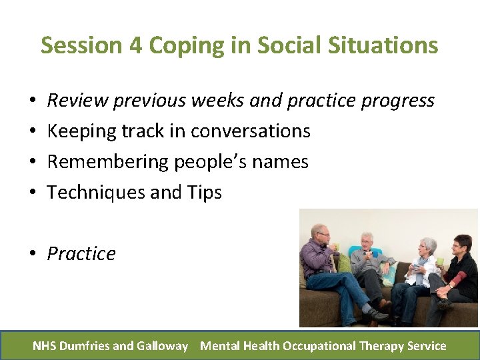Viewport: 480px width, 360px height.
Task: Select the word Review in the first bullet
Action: point(77,101)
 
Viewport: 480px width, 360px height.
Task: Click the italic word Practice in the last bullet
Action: point(81,254)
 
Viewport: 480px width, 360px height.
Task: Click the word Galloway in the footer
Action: point(163,345)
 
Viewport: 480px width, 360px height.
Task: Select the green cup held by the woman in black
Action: point(440,261)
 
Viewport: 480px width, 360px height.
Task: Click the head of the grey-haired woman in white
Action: point(427,247)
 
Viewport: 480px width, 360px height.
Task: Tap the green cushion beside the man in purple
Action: point(344,263)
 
